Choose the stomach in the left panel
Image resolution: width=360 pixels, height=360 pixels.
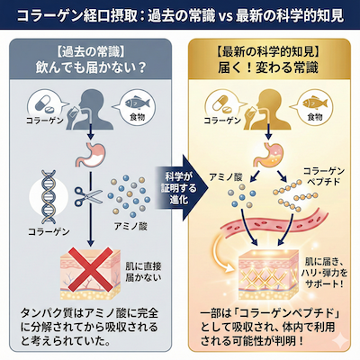tap(91, 156)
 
